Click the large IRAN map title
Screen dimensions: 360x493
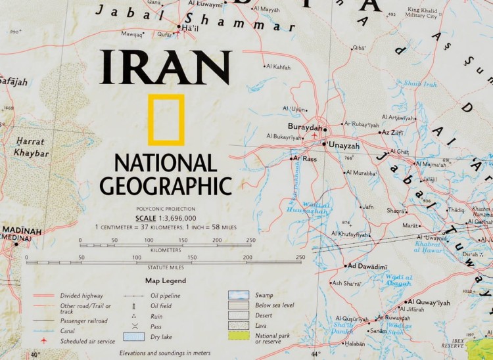click(165, 68)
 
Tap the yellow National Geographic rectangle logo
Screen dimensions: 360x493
click(166, 120)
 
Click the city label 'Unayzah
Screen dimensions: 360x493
click(344, 145)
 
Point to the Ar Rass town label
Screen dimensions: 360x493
click(306, 159)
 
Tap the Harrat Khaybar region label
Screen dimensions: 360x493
click(31, 146)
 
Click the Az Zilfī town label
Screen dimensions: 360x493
click(393, 133)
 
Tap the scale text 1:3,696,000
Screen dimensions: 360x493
click(166, 217)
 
